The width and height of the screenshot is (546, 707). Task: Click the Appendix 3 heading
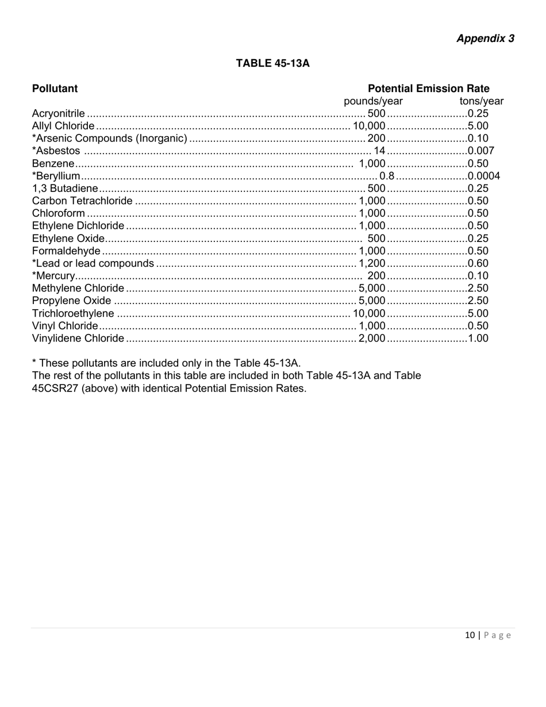point(485,39)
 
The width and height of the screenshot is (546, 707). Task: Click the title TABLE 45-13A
point(272,63)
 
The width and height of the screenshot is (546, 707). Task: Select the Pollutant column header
point(55,89)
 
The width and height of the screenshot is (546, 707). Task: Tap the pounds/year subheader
point(373,101)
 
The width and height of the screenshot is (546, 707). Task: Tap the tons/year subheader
point(481,101)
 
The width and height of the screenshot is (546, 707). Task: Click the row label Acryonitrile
point(59,113)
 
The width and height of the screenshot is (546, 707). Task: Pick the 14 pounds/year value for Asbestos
point(379,151)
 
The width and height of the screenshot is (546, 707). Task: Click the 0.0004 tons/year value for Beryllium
point(484,176)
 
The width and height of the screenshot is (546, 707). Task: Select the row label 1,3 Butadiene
point(65,189)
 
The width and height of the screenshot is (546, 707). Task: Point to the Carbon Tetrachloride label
point(82,201)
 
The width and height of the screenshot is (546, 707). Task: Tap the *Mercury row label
point(53,276)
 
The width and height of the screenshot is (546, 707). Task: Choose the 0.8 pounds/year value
point(387,176)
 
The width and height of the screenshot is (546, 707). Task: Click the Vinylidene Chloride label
point(78,338)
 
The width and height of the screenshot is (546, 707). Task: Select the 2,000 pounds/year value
point(372,338)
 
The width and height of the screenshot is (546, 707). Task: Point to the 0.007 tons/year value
point(481,151)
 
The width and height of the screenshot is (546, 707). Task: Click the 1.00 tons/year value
point(478,338)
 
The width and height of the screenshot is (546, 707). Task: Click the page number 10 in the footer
point(470,635)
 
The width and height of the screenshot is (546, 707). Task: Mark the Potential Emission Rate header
point(428,89)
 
